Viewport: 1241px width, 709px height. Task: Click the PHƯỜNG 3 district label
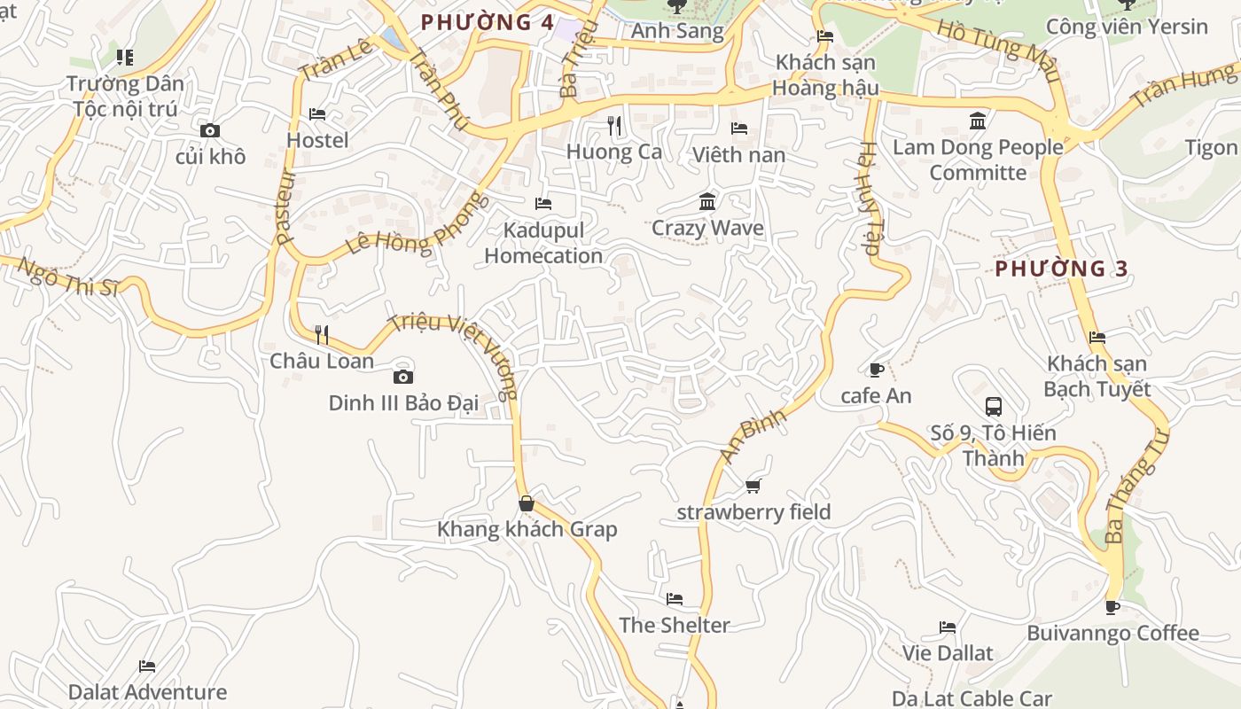pyautogui.click(x=1061, y=269)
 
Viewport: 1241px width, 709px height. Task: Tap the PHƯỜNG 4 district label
pyautogui.click(x=488, y=23)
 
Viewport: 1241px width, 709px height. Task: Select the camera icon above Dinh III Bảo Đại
pyautogui.click(x=403, y=377)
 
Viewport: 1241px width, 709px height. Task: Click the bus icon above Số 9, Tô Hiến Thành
pyautogui.click(x=994, y=407)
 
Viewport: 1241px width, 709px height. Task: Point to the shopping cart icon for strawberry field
pyautogui.click(x=753, y=486)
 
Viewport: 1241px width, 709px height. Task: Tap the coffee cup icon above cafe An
pyautogui.click(x=876, y=370)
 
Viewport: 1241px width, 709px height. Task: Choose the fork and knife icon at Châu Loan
pyautogui.click(x=322, y=335)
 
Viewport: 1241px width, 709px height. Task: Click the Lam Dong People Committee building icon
pyautogui.click(x=978, y=121)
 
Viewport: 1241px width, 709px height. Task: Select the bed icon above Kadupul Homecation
pyautogui.click(x=543, y=204)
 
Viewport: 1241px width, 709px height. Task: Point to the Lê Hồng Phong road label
pyautogui.click(x=417, y=224)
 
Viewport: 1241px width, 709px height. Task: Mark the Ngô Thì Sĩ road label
pyautogui.click(x=67, y=277)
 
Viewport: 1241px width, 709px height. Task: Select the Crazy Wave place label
pyautogui.click(x=707, y=228)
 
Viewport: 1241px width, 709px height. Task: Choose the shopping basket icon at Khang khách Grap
pyautogui.click(x=527, y=503)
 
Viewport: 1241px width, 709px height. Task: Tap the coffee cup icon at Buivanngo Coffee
pyautogui.click(x=1112, y=607)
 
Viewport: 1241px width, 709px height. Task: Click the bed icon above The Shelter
pyautogui.click(x=675, y=599)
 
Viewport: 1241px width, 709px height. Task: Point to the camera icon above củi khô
pyautogui.click(x=210, y=131)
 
